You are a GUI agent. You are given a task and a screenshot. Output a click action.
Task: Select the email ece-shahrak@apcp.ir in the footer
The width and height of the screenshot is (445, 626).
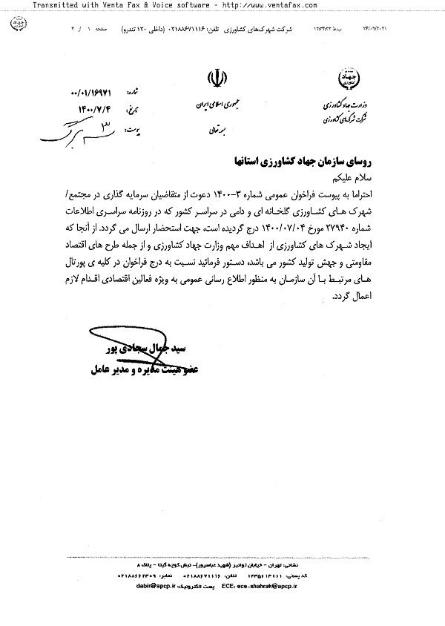pyautogui.click(x=314, y=585)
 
